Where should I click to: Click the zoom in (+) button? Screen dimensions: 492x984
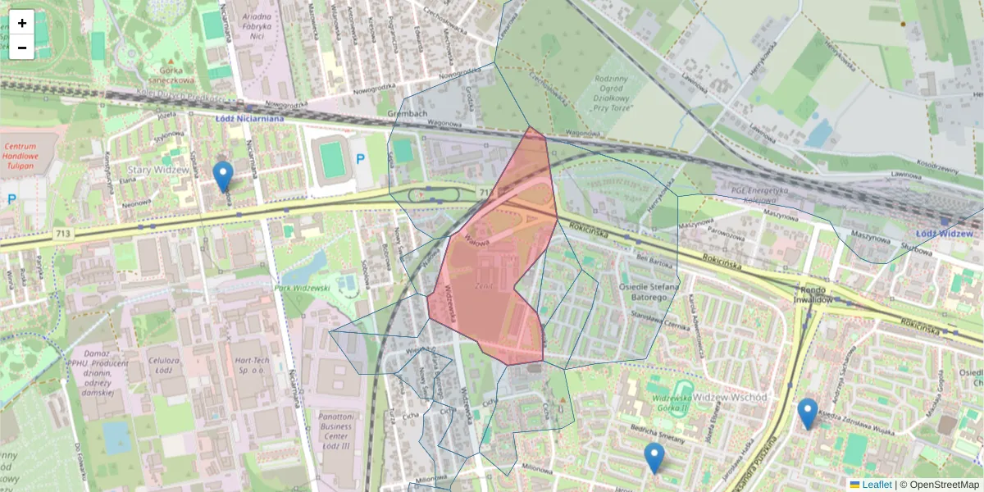click(x=22, y=23)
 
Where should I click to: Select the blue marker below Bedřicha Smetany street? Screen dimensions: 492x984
click(x=654, y=457)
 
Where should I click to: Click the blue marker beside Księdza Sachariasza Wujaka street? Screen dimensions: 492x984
click(x=808, y=412)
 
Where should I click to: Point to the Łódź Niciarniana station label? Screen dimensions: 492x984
click(x=249, y=117)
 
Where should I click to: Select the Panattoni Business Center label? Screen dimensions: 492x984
click(x=335, y=426)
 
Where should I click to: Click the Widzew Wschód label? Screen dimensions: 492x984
click(x=730, y=398)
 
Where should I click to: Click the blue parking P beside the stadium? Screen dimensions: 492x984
click(x=359, y=158)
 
